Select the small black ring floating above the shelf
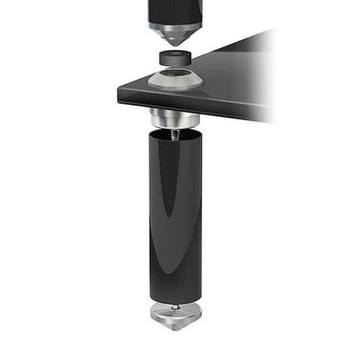176,58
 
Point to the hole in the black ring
176,53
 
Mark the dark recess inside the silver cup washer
175,77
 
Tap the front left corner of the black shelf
117,85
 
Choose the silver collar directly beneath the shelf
175,120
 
